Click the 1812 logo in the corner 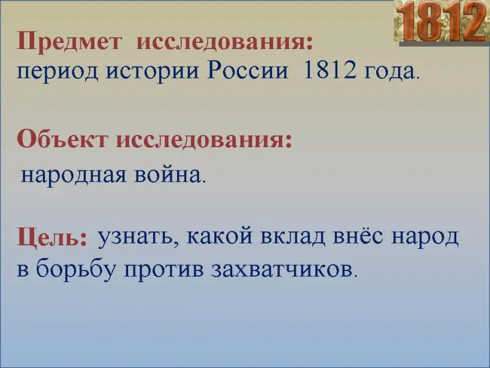coord(442,22)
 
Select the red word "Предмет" coord(69,41)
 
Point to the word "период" coord(58,72)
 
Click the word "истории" coord(153,72)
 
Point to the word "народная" coord(73,175)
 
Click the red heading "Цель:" coord(51,238)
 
